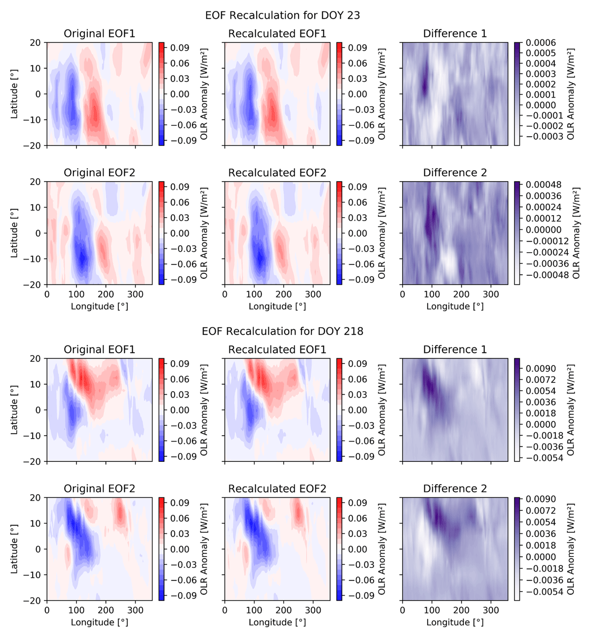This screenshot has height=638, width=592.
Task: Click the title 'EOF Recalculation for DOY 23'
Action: pyautogui.click(x=282, y=15)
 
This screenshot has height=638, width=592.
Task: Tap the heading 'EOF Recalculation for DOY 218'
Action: pyautogui.click(x=282, y=331)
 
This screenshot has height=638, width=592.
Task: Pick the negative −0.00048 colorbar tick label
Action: pyautogui.click(x=542, y=275)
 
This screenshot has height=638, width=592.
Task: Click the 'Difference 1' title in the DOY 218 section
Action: pyautogui.click(x=455, y=350)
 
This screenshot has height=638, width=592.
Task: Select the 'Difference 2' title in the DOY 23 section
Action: pyautogui.click(x=455, y=173)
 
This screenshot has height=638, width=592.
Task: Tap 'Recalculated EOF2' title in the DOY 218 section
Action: pyautogui.click(x=277, y=489)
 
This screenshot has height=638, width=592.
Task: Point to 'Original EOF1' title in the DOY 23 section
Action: pyautogui.click(x=99, y=34)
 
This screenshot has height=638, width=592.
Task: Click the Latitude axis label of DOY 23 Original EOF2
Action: pyautogui.click(x=14, y=233)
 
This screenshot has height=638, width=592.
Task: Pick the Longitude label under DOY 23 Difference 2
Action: pyautogui.click(x=455, y=306)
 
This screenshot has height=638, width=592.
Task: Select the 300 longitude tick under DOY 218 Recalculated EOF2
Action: pyautogui.click(x=313, y=610)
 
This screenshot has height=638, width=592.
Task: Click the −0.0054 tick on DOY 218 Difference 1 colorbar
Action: pyautogui.click(x=542, y=458)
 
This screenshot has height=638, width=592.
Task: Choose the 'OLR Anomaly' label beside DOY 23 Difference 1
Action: pyautogui.click(x=571, y=94)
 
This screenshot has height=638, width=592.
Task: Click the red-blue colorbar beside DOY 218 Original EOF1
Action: pyautogui.click(x=162, y=410)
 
